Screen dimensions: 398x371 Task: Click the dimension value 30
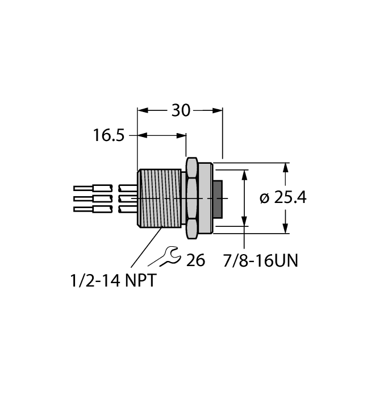tap(181, 111)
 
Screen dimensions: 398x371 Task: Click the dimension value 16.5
tap(109, 136)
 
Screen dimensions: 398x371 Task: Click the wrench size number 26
tap(195, 261)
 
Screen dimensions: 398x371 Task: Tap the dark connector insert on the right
tap(218, 197)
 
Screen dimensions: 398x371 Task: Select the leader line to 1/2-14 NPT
tap(145, 247)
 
